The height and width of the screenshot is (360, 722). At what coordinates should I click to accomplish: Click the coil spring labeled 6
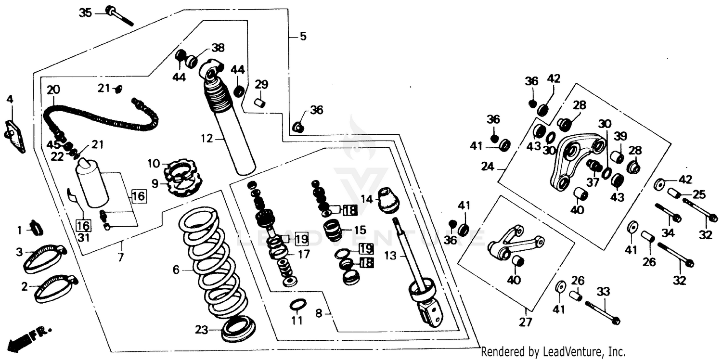click(210, 262)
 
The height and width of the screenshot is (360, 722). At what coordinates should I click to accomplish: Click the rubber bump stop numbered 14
click(388, 200)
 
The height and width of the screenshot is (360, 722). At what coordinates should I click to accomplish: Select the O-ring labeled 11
click(297, 305)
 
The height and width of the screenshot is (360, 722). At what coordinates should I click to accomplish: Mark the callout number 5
click(303, 36)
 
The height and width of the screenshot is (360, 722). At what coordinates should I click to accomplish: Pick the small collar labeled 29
click(260, 103)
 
